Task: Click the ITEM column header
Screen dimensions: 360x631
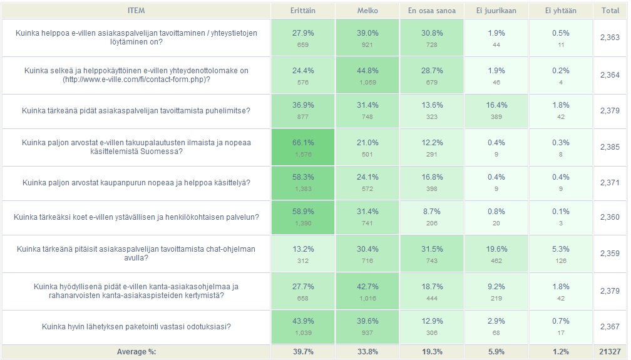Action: coord(136,11)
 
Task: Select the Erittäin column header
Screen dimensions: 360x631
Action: coord(302,11)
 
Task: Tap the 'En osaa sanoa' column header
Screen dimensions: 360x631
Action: coord(432,11)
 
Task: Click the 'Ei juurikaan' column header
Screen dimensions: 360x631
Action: coord(496,11)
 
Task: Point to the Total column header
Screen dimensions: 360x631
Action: coord(610,11)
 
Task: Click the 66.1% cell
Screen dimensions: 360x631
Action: coord(303,143)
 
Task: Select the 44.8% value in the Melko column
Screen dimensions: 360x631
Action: coord(367,70)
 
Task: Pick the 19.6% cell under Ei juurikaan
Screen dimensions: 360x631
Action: coord(496,249)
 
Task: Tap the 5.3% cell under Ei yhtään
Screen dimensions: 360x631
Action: coord(561,249)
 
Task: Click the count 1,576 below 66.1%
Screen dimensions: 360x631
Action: coord(303,153)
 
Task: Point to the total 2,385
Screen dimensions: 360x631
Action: coord(610,147)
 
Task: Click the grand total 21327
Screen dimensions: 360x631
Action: coord(610,352)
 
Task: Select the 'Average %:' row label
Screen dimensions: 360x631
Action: coord(136,352)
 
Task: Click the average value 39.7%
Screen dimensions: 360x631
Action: coord(303,352)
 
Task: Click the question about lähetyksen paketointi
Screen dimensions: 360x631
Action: coord(136,326)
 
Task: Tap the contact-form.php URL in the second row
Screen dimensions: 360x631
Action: coord(136,80)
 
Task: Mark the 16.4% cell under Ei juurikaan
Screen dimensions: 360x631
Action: coord(496,105)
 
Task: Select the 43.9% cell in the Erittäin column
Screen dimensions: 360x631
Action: coord(303,321)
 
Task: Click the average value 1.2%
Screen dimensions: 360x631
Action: coord(561,352)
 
